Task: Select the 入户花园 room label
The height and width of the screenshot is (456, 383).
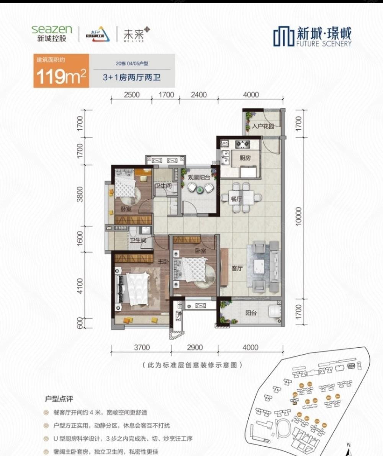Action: click(x=263, y=126)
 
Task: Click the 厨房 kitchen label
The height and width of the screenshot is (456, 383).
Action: click(x=245, y=158)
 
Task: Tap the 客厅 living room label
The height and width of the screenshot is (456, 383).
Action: click(x=237, y=269)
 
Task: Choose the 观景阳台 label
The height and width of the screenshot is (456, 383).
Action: click(x=198, y=178)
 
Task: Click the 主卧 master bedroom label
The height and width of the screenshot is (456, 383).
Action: click(x=164, y=262)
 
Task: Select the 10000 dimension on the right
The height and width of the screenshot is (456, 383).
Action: click(x=299, y=216)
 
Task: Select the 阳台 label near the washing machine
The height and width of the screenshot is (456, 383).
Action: click(x=251, y=313)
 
